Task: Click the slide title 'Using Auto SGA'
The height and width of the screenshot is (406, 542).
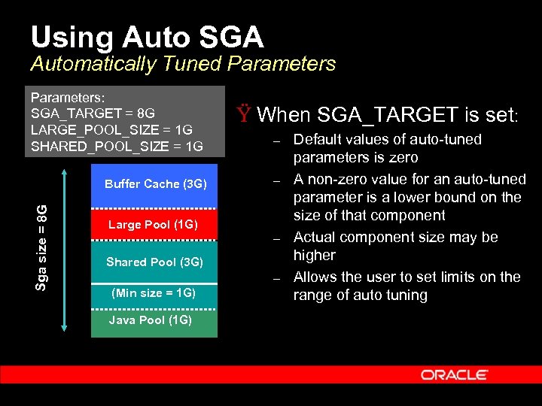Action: [x=148, y=37]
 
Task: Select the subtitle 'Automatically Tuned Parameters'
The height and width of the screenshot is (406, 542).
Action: [x=183, y=64]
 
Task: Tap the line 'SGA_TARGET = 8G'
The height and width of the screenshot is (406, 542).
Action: [x=93, y=114]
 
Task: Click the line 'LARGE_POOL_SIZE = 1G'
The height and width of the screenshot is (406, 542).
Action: [x=111, y=130]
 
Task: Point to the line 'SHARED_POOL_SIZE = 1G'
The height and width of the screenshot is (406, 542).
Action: [x=117, y=146]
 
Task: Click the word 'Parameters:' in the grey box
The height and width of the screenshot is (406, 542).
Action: [x=67, y=98]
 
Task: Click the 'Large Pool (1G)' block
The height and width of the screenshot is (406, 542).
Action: [x=153, y=224]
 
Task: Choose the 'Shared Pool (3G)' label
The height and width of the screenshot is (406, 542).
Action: [x=154, y=262]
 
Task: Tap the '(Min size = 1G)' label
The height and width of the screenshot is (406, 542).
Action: [x=153, y=292]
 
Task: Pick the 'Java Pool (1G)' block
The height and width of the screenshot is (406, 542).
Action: [x=151, y=320]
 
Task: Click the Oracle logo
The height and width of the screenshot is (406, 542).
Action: [x=454, y=374]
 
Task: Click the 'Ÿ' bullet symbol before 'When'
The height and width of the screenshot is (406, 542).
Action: [x=243, y=115]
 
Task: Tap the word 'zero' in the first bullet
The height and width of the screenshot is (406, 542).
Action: [x=403, y=158]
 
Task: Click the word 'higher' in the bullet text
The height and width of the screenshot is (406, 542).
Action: [x=314, y=256]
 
